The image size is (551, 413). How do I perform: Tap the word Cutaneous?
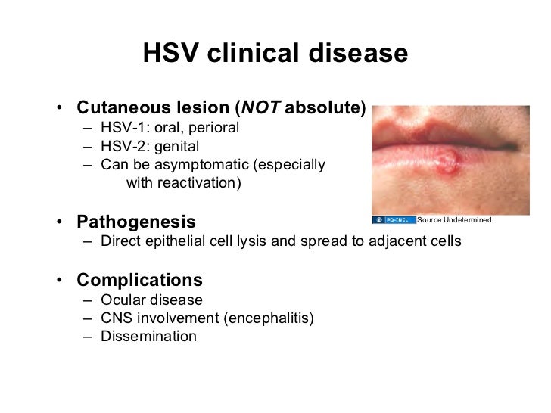[x=118, y=108]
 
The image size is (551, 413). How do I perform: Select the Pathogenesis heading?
[x=136, y=222]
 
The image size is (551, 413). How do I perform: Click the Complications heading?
[x=139, y=280]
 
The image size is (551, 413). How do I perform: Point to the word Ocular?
[x=121, y=300]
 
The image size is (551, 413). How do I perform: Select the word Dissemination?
[x=148, y=337]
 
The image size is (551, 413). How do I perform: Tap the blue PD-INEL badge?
[x=394, y=220]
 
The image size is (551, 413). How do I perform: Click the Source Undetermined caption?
[x=454, y=220]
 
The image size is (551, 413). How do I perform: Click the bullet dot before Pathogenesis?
[x=58, y=223]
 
